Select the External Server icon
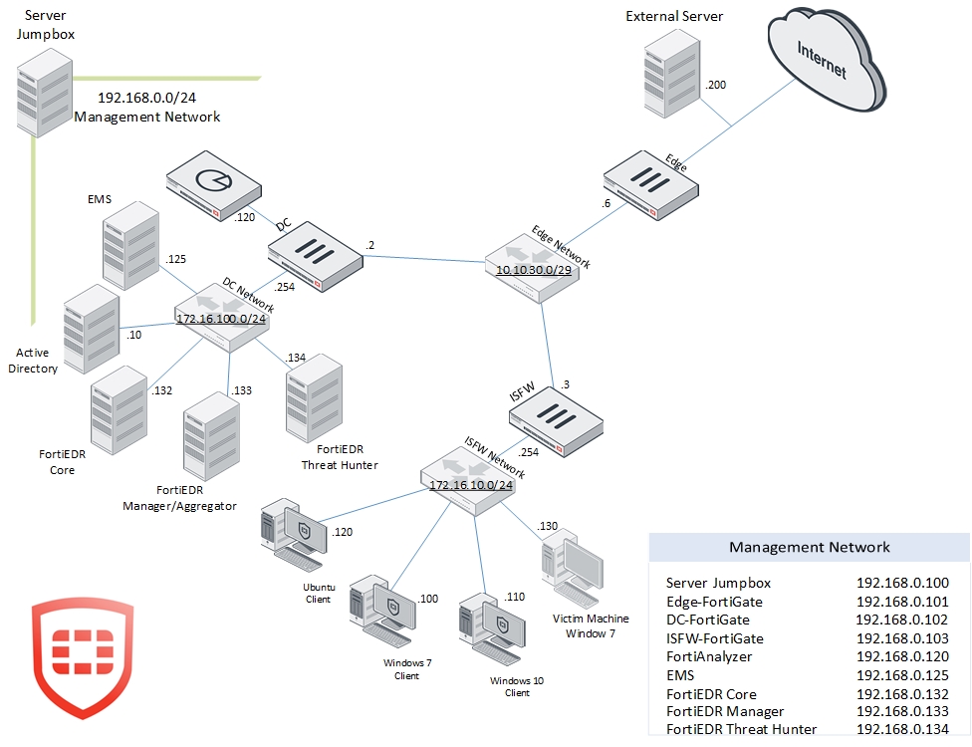pyautogui.click(x=669, y=78)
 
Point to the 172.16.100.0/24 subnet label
pyautogui.click(x=222, y=319)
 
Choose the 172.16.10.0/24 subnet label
pyautogui.click(x=470, y=485)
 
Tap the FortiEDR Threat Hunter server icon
pyautogui.click(x=313, y=402)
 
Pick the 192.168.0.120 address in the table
pyautogui.click(x=902, y=657)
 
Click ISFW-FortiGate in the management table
pyautogui.click(x=714, y=638)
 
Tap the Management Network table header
pyautogui.click(x=809, y=547)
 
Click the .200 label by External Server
pyautogui.click(x=715, y=85)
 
